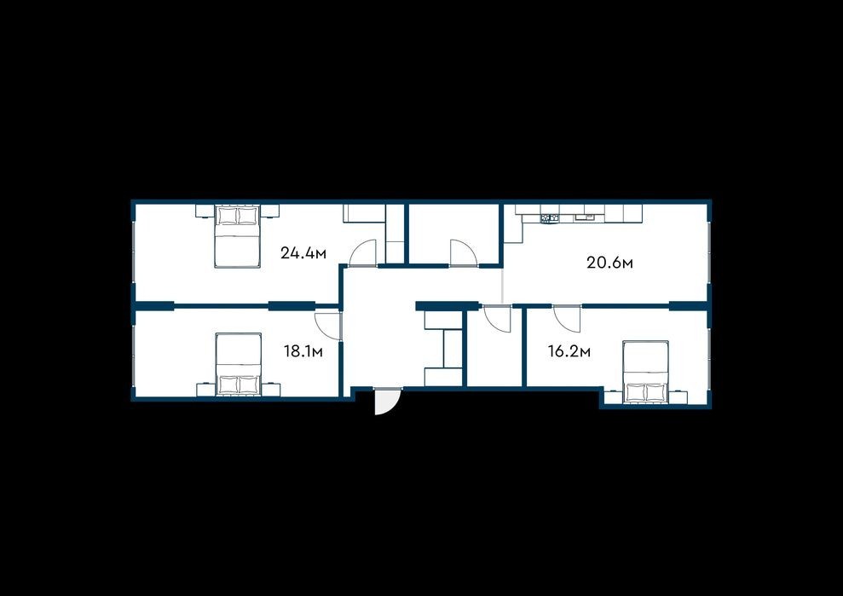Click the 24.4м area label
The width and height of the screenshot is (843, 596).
303,253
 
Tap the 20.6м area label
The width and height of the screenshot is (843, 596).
609,263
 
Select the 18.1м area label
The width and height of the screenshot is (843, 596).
303,352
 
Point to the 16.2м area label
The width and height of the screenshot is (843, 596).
569,352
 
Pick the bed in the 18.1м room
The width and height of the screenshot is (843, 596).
238,365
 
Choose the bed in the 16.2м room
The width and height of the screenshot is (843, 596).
646,372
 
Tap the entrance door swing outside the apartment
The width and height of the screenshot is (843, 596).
386,402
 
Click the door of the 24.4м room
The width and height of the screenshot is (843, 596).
363,253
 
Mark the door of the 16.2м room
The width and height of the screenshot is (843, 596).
567,319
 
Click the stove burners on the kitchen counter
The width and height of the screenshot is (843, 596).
549,218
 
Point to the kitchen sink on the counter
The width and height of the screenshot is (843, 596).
583,217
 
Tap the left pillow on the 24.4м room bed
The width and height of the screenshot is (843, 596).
228,217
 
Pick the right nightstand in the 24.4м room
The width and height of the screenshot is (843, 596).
271,211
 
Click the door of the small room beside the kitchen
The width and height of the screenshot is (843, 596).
464,253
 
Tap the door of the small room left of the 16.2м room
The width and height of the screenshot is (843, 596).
497,319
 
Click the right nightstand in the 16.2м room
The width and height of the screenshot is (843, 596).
678,397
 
